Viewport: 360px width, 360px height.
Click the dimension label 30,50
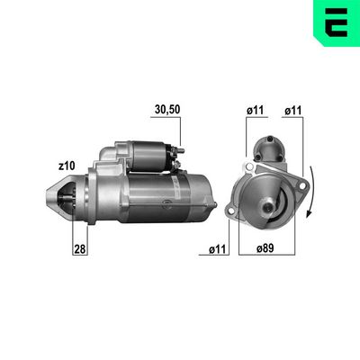click(167, 110)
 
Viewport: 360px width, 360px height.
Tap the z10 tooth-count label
click(67, 166)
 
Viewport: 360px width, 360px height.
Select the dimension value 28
click(80, 249)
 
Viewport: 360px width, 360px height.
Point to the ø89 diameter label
click(265, 248)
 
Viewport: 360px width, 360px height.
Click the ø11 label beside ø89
click(217, 249)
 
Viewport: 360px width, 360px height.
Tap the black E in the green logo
click(337, 22)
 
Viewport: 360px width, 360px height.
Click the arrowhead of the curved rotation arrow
click(309, 213)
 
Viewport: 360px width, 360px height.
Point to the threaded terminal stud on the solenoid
click(181, 150)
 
